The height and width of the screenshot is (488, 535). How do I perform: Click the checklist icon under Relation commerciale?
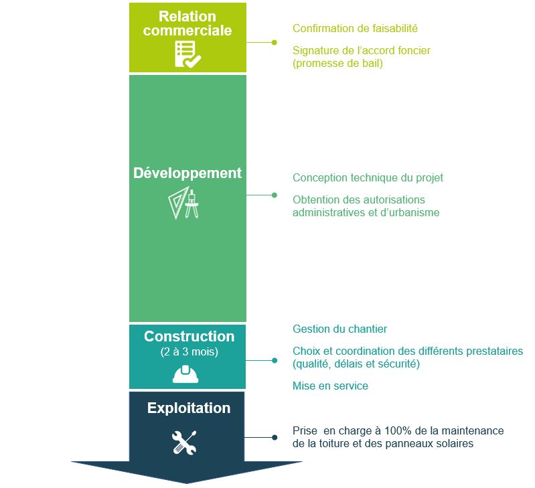pyautogui.click(x=187, y=54)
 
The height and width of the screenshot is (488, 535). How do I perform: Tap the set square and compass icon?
pyautogui.click(x=183, y=203)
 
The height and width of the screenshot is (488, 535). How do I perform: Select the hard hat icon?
pyautogui.click(x=185, y=374)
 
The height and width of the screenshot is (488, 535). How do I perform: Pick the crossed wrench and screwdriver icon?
pyautogui.click(x=184, y=442)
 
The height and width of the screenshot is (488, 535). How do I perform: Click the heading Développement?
pyautogui.click(x=187, y=173)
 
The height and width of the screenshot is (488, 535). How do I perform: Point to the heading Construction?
pyautogui.click(x=189, y=336)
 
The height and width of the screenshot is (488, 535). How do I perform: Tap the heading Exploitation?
pyautogui.click(x=189, y=408)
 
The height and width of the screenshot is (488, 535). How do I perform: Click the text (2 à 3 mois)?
pyautogui.click(x=189, y=351)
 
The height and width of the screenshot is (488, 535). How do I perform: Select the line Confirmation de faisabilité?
pyautogui.click(x=355, y=28)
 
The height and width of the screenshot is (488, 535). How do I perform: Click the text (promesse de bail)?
pyautogui.click(x=337, y=63)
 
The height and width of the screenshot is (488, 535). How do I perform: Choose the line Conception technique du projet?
pyautogui.click(x=368, y=177)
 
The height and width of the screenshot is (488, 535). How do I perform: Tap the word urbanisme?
pyautogui.click(x=414, y=212)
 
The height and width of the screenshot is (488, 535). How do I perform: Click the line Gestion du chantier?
pyautogui.click(x=340, y=329)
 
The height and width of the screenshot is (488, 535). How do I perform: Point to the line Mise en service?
pyautogui.click(x=330, y=386)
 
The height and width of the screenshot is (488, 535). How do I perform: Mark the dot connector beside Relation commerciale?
pyautogui.click(x=274, y=42)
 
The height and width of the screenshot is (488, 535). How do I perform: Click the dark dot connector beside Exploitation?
pyautogui.click(x=275, y=437)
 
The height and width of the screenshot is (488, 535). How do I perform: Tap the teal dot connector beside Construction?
pyautogui.click(x=275, y=360)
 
